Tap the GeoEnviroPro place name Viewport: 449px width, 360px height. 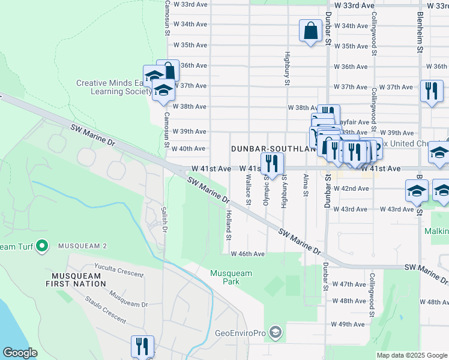pyautogui.click(x=241, y=332)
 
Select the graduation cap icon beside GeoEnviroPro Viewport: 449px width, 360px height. pyautogui.click(x=275, y=332)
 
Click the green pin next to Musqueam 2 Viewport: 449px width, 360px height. pyautogui.click(x=42, y=245)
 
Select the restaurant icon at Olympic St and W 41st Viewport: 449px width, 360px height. pyautogui.click(x=272, y=164)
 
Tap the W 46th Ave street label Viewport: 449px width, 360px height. pyautogui.click(x=248, y=254)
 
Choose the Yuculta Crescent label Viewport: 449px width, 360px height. pyautogui.click(x=119, y=271)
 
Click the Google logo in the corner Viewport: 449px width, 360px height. pyautogui.click(x=20, y=353)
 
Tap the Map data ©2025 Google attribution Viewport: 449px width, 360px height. pyautogui.click(x=411, y=355)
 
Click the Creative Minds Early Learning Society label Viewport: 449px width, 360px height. pyautogui.click(x=115, y=88)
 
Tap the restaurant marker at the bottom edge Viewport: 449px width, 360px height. pyautogui.click(x=142, y=346)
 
